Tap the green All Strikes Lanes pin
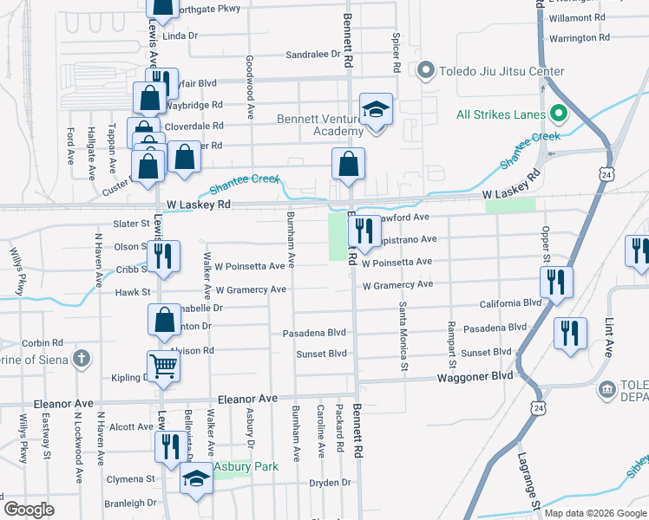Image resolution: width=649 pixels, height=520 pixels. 560,114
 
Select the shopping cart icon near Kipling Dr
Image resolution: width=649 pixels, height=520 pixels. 163,367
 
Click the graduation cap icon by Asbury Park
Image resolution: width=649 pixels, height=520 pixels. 197,478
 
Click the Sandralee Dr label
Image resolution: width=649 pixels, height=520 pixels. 313,54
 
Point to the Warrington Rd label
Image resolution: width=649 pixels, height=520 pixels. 579,38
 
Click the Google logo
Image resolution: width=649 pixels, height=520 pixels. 29,509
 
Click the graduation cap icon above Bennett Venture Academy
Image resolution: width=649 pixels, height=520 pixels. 376,109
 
